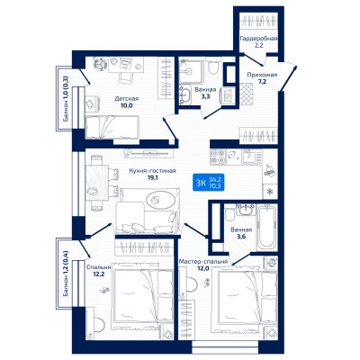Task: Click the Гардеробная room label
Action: [258, 39]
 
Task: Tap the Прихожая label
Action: [262, 75]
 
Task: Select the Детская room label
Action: [126, 99]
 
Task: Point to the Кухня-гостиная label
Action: [152, 171]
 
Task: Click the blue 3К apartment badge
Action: [208, 184]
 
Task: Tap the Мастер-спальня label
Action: [202, 261]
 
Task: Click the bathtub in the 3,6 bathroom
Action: [266, 227]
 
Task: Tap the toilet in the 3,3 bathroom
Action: [213, 67]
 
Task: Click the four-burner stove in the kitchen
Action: [218, 157]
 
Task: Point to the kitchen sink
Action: [252, 157]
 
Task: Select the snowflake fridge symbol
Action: [270, 192]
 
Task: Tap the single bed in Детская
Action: [112, 127]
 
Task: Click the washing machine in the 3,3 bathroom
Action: [228, 95]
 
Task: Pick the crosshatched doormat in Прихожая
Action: [246, 94]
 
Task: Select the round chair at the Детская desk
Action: [99, 65]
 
